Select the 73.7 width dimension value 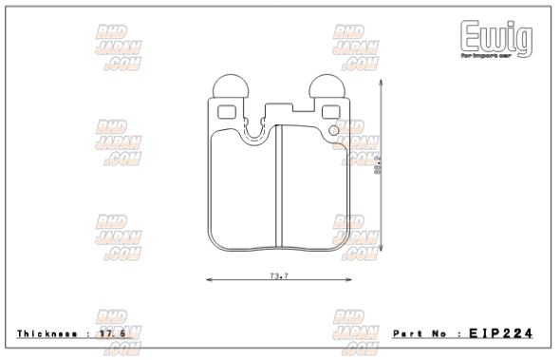(x=278, y=276)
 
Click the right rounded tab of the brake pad (x=329, y=89)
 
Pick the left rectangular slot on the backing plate (x=228, y=111)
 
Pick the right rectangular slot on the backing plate (x=331, y=111)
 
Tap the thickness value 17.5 (x=115, y=334)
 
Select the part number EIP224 (x=500, y=333)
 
